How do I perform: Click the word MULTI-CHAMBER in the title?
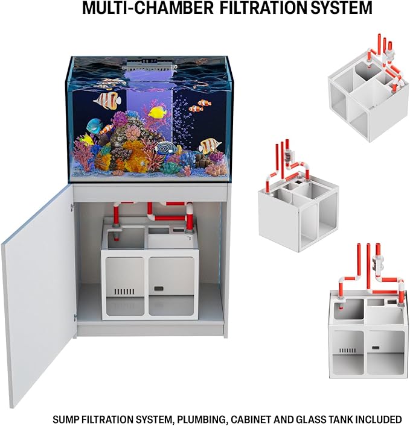point(147,8)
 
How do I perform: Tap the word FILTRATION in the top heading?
point(263,8)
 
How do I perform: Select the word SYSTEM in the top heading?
point(341,8)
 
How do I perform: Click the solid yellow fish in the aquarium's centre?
point(158,111)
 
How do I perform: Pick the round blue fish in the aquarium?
point(94,125)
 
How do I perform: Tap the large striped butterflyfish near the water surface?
point(107,101)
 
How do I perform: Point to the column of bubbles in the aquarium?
point(183,119)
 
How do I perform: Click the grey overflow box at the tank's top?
point(149,66)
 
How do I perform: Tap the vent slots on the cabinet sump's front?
point(124,292)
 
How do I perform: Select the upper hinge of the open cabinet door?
point(72,207)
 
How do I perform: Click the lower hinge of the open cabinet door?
point(75,317)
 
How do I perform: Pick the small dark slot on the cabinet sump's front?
point(158,289)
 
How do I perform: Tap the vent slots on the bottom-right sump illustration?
point(348,351)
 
